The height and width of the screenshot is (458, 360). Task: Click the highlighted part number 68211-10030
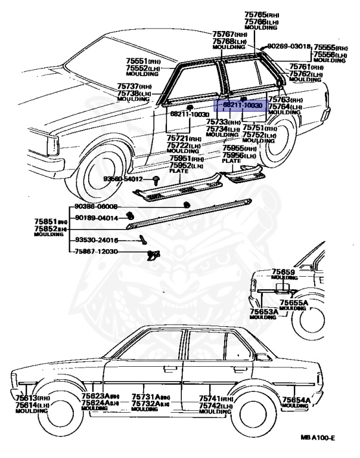(x=243, y=105)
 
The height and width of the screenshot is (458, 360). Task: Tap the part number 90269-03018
(x=289, y=46)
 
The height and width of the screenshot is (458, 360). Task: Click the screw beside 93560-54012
(x=156, y=179)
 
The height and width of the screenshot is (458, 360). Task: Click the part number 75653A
(x=263, y=311)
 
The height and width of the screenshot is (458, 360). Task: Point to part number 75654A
(x=295, y=400)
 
